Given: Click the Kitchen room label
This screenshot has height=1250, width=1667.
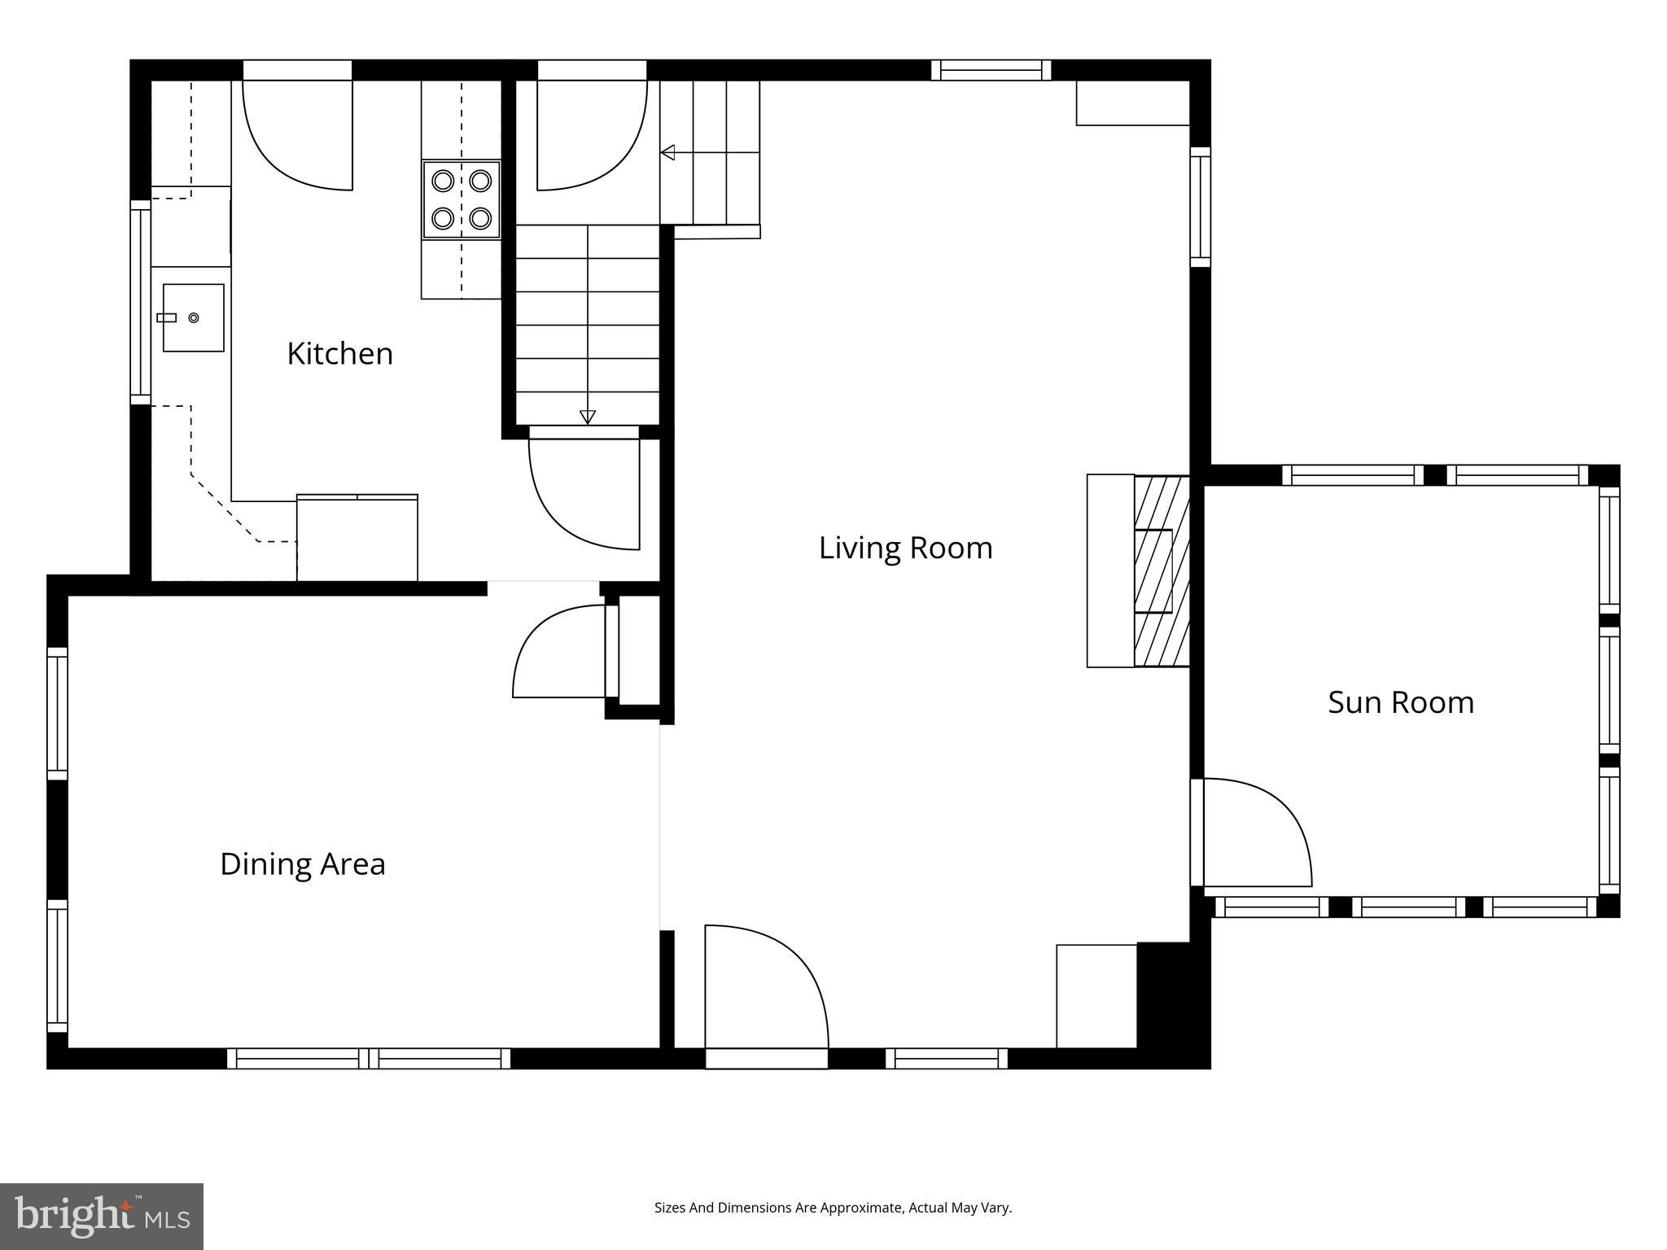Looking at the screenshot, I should [339, 354].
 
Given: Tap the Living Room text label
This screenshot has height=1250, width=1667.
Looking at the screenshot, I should [905, 548].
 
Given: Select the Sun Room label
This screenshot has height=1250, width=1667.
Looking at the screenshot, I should [1400, 702].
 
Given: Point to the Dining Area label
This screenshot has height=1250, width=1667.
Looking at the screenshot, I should [302, 863].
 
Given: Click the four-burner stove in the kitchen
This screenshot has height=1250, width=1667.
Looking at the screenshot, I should [462, 199].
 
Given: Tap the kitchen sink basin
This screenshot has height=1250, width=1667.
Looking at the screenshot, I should [193, 317].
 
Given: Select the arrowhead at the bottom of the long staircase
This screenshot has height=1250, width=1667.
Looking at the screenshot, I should [587, 417].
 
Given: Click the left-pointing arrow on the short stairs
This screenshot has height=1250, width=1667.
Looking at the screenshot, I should [667, 152].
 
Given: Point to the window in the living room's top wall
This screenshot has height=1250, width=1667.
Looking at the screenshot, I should [991, 71].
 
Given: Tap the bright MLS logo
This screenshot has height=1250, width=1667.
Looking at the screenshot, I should [102, 1216].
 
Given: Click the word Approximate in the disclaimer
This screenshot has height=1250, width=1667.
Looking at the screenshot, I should [861, 1208].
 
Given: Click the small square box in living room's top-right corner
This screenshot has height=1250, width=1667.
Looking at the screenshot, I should [1131, 103].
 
